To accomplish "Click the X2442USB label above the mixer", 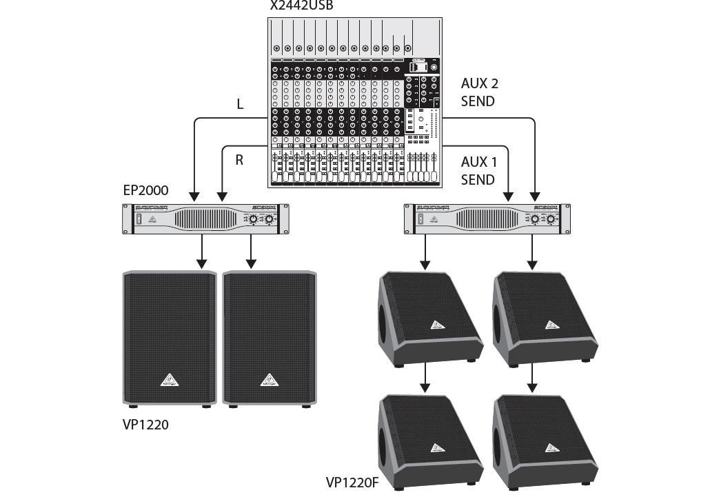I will point(301,6).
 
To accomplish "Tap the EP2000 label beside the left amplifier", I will point(145,190).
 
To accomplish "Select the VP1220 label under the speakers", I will point(145,425).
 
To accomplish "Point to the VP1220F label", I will point(352,483).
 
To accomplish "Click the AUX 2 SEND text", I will point(479,92).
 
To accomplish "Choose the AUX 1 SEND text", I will point(479,171).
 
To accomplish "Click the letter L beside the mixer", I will point(240,105).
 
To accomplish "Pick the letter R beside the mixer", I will point(240,160).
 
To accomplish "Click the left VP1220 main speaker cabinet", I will point(170,338).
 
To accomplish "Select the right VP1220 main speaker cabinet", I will point(270,338).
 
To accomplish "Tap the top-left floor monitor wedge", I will point(427,317).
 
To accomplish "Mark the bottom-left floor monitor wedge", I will point(427,441).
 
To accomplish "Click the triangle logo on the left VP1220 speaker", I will point(170,379).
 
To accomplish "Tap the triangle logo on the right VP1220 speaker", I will point(270,379).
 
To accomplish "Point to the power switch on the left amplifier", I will point(139,220).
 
